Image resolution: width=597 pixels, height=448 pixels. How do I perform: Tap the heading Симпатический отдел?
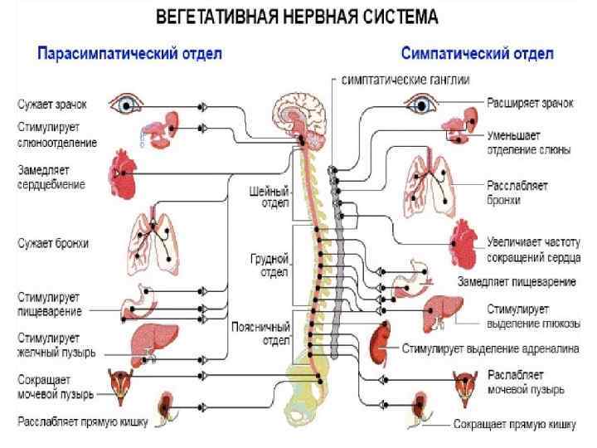coord(477,54)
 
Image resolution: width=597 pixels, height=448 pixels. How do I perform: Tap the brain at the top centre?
coord(302,116)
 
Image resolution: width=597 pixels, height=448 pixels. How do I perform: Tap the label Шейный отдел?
coord(269,197)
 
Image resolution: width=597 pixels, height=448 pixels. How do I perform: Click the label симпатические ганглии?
coord(406,80)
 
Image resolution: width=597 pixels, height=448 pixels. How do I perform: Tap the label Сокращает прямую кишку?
coord(514,425)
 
